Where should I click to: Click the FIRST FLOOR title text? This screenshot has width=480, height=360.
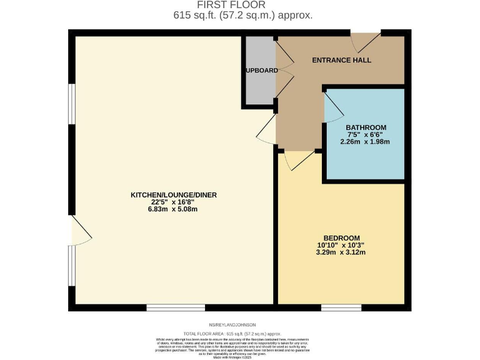[x=239, y=5]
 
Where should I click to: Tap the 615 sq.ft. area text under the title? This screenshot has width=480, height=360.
[x=239, y=15]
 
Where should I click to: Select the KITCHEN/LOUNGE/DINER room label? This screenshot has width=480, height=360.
[x=173, y=195]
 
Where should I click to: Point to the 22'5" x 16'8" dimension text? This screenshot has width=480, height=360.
[x=173, y=202]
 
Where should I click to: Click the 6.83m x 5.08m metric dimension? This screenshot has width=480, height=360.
[x=173, y=209]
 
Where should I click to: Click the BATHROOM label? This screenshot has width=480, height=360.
[x=366, y=127]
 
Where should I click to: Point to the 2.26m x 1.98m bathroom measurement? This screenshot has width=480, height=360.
[x=366, y=142]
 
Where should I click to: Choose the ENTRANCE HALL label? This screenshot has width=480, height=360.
[x=342, y=61]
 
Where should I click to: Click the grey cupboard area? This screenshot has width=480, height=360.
[x=258, y=87]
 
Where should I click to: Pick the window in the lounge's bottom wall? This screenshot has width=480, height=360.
[x=176, y=307]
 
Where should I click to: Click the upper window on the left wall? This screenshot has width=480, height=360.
[x=72, y=106]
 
